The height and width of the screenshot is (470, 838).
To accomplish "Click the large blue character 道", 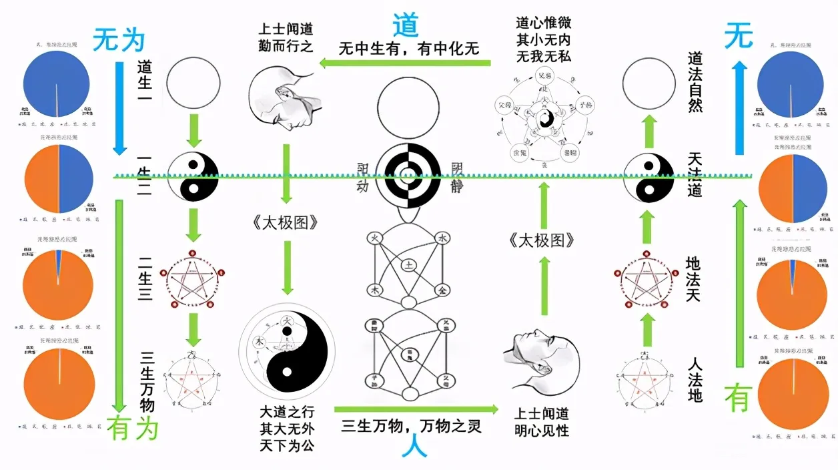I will (405, 25).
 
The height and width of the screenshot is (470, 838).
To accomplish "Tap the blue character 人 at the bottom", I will (414, 447).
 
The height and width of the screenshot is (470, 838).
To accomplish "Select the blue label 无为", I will (119, 41).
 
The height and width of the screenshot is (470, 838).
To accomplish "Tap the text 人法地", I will (695, 380).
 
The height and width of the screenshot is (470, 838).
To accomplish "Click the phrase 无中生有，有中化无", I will (409, 48).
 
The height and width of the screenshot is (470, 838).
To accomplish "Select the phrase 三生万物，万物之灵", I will (411, 424).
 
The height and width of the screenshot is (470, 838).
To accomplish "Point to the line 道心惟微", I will (544, 23).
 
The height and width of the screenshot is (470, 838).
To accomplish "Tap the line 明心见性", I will (542, 430).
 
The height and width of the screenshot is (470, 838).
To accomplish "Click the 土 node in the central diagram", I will (408, 265).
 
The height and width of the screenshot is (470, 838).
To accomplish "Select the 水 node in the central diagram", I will (442, 238).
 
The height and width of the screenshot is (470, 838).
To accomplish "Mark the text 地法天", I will (695, 278).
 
